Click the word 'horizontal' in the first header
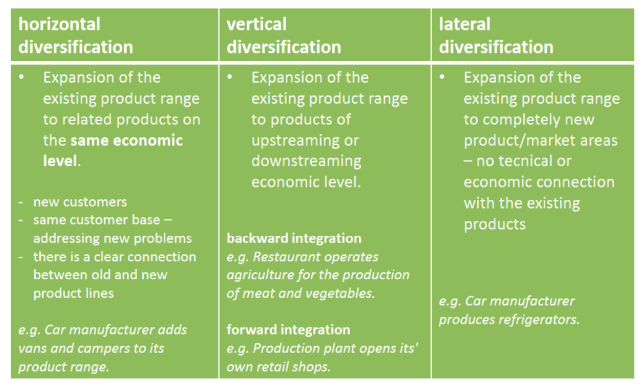click(x=60, y=24)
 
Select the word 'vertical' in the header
click(x=257, y=24)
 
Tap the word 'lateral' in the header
click(x=465, y=24)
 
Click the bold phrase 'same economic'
click(x=127, y=140)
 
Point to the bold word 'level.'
click(x=62, y=161)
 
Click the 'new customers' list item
click(x=80, y=202)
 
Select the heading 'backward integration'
click(x=294, y=238)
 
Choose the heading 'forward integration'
click(x=288, y=330)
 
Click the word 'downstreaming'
click(x=307, y=161)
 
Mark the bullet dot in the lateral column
click(x=442, y=77)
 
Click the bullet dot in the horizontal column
click(x=21, y=77)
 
